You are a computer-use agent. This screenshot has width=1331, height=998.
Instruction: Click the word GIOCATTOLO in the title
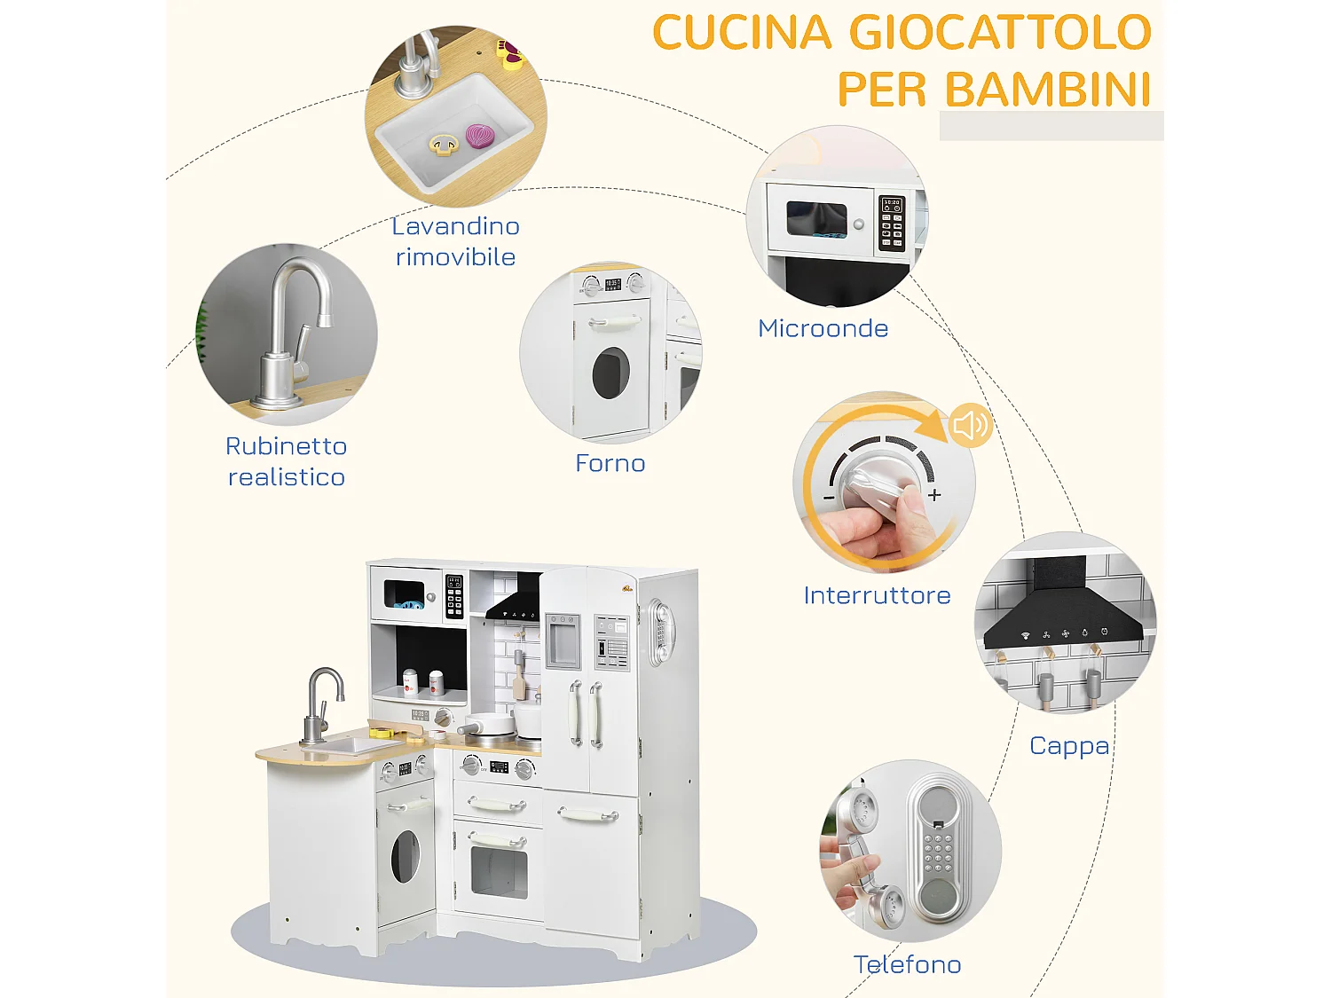point(1000,33)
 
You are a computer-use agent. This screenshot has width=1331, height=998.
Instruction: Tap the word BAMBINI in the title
point(1047,90)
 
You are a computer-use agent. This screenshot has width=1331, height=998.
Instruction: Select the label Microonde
point(823,328)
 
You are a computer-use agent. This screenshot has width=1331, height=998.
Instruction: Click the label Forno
point(610,463)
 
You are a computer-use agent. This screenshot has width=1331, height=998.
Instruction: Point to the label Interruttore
point(877,595)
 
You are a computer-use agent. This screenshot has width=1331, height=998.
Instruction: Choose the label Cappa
point(1069,746)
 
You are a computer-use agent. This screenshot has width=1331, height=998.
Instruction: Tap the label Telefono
point(907,964)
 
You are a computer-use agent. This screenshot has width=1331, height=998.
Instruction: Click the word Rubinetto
point(286,446)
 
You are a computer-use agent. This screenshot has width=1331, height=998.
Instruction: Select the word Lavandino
point(455,226)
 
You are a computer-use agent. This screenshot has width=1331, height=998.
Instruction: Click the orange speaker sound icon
point(969,425)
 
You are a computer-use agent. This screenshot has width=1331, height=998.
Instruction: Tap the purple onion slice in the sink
point(480,136)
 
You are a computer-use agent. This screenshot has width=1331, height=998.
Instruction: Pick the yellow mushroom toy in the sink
point(444,144)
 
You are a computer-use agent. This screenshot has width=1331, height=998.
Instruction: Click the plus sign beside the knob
point(934,495)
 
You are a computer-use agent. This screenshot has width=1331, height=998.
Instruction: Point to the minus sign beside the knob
point(829,498)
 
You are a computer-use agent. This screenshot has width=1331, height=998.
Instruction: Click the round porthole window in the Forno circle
point(610,373)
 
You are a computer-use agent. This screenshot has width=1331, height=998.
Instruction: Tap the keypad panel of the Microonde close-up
point(892,224)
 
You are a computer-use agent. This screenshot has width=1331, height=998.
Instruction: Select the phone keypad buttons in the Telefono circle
point(938,853)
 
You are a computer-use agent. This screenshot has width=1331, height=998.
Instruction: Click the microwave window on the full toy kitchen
point(405,593)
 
